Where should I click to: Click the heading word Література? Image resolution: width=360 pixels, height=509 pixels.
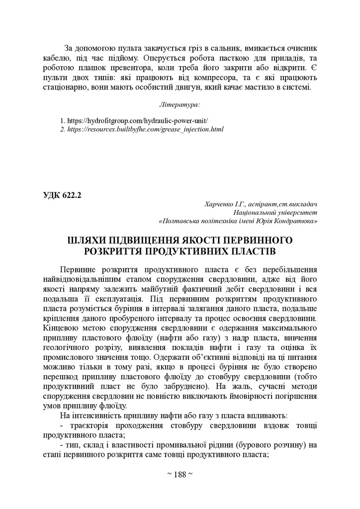[180, 105]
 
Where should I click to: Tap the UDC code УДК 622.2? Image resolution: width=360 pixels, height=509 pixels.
[62, 195]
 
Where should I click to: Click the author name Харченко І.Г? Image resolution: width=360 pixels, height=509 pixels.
[223, 204]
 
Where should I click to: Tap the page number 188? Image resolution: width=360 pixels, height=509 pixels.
[180, 474]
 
